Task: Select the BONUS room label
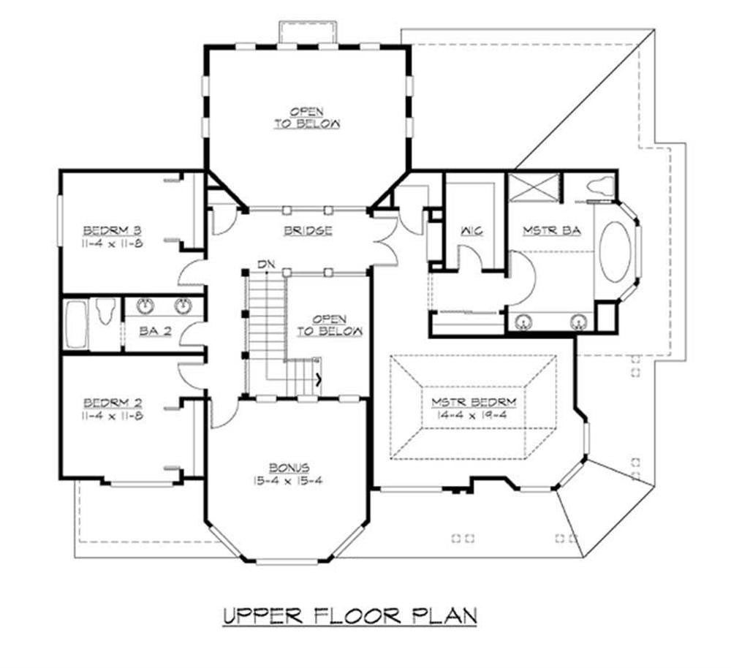coord(288,467)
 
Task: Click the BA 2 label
coord(155,331)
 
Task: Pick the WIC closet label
coord(469,231)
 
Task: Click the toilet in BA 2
coord(105,313)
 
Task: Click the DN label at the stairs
coord(265,264)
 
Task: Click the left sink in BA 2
coord(144,305)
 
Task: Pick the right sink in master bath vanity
coord(580,320)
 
